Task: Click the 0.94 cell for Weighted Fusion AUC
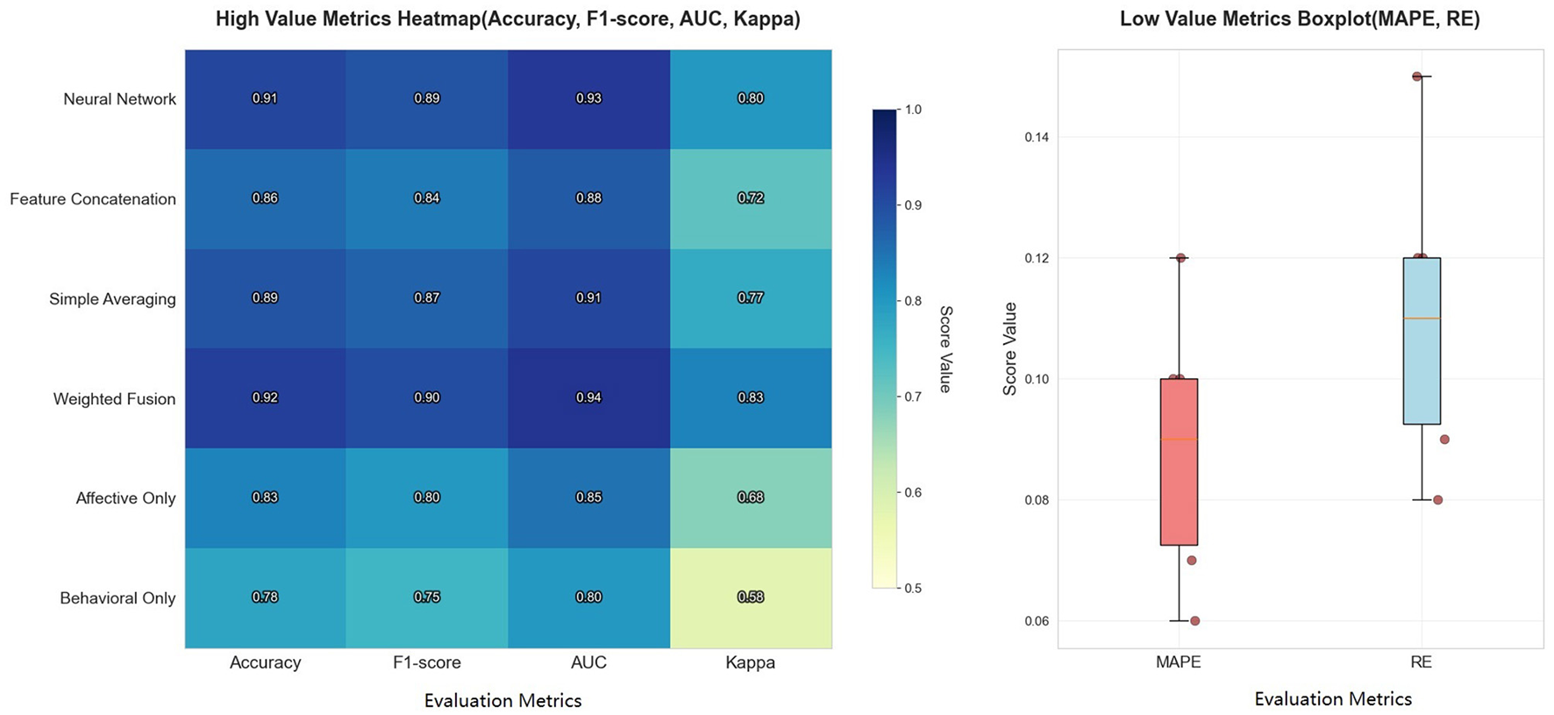(588, 397)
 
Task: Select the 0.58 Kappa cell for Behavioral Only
(751, 597)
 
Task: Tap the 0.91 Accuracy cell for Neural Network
(265, 98)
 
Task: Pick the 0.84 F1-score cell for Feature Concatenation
(427, 198)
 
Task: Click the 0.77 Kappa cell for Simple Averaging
(751, 298)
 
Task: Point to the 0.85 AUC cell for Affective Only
(588, 497)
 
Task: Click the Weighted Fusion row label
(114, 399)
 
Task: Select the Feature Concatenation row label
(93, 199)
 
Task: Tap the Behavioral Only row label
(118, 598)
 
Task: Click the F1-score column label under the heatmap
(427, 663)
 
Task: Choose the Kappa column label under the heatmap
(751, 663)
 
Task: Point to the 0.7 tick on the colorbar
(913, 397)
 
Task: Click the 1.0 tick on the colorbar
(913, 110)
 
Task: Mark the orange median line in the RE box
(1422, 318)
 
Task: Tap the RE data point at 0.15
(1417, 76)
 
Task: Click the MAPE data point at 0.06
(1194, 621)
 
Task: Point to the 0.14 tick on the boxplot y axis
(1037, 138)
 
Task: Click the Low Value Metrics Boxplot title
(1300, 19)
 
